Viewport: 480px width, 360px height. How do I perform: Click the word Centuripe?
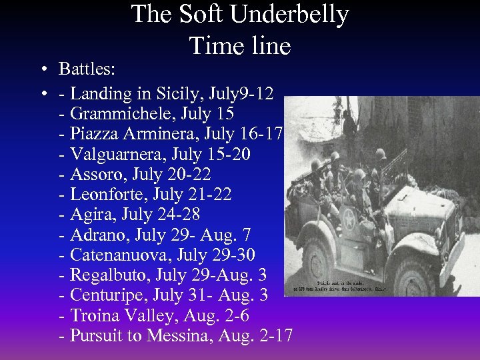(x=108, y=295)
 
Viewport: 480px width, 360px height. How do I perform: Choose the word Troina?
(x=94, y=315)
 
